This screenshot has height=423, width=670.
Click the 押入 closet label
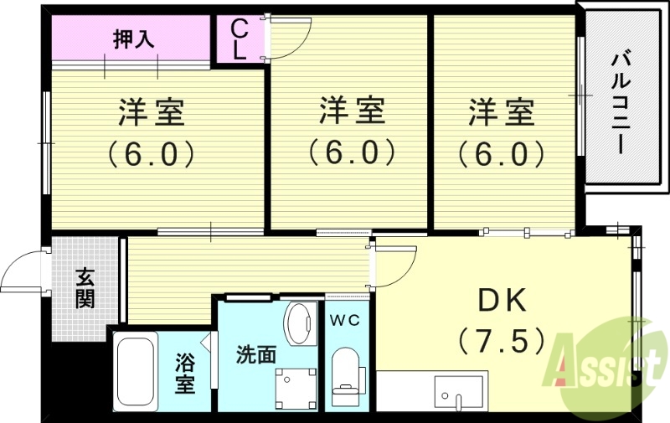click(x=134, y=39)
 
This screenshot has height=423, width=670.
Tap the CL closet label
click(x=239, y=39)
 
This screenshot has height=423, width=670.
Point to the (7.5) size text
click(x=502, y=340)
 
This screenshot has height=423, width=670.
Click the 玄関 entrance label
click(x=85, y=287)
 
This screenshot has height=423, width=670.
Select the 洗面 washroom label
click(x=255, y=354)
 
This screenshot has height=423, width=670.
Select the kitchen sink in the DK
click(x=458, y=389)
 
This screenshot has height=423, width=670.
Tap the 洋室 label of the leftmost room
click(x=151, y=111)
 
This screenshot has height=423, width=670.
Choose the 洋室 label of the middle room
click(x=351, y=110)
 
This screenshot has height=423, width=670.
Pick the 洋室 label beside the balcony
click(x=500, y=111)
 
